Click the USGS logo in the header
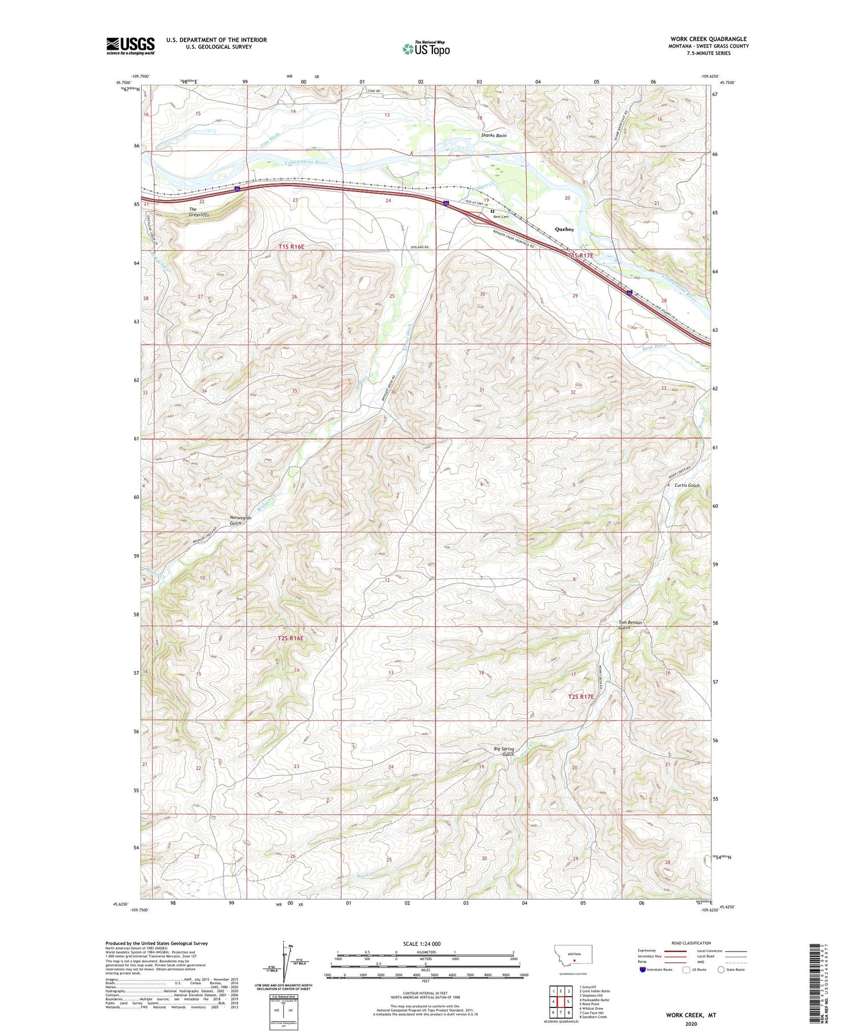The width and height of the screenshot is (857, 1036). pos(130,46)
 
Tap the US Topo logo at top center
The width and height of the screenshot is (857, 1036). pos(426,49)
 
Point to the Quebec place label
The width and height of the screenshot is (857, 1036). pos(564,229)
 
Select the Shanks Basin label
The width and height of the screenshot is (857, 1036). pos(494,135)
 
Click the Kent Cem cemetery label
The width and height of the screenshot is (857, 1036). pos(500,217)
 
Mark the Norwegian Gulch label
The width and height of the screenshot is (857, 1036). pos(241,520)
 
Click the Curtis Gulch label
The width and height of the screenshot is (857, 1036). pos(687,485)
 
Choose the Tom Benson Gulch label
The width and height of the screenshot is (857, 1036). pos(630,625)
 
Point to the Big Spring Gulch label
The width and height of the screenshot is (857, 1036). pos(504,751)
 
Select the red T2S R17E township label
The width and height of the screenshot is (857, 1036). pos(581,697)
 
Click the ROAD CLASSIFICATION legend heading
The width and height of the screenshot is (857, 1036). pos(691,943)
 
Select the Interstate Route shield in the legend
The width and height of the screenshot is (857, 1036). pos(642,970)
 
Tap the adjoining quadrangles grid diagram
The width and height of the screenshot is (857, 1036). pos(560,1002)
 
